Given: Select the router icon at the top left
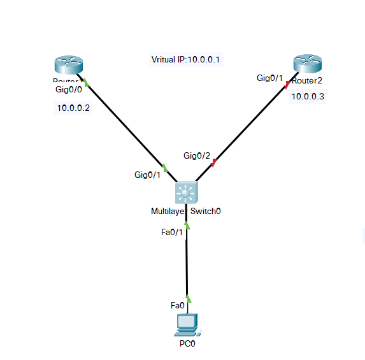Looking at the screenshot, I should point(68,66).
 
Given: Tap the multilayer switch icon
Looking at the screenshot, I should point(186,192).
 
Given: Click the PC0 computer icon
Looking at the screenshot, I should point(187,324).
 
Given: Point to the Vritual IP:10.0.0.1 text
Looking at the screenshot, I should point(185,60).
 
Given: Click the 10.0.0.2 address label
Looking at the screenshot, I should point(73,108).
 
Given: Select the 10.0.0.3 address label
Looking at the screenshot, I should point(308,96).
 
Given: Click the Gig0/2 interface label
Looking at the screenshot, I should point(197,155).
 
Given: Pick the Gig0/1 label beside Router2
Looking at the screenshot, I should point(269,78).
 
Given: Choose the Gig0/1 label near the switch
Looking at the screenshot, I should point(147,174).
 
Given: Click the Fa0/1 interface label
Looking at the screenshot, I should point(172,231).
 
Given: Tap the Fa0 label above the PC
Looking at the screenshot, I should point(178,305).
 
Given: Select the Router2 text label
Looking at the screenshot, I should point(308,80).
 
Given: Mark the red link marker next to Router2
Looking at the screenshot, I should point(288,84).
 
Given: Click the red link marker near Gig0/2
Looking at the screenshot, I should point(214,163).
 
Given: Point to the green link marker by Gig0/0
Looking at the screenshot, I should point(84,82).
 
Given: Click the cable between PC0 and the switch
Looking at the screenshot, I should point(187,261).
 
